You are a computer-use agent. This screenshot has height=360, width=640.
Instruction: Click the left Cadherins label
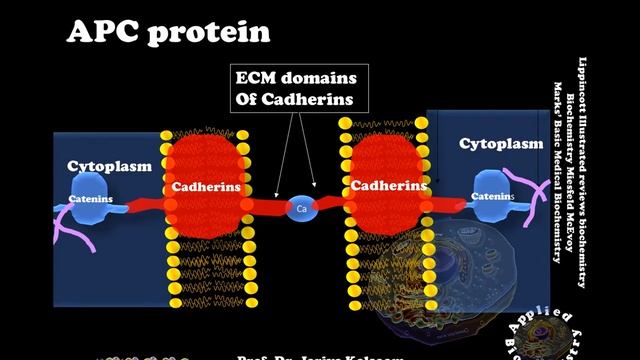click(x=202, y=186)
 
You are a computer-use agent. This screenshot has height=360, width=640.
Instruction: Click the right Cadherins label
click(x=381, y=185)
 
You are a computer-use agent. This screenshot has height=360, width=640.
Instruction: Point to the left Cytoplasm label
click(x=109, y=165)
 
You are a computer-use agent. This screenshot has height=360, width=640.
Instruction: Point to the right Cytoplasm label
click(x=501, y=144)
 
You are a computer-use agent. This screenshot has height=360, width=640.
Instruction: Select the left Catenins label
click(x=91, y=199)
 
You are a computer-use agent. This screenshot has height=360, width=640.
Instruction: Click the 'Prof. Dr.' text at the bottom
click(x=263, y=356)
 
